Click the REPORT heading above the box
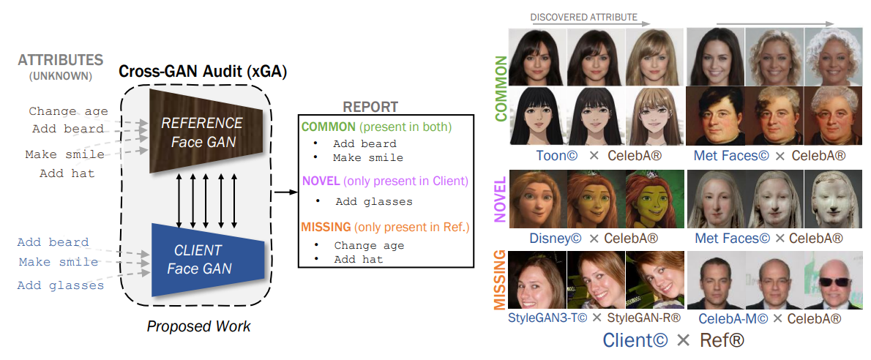click(371, 106)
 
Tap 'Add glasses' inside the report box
click(374, 201)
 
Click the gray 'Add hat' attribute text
click(67, 173)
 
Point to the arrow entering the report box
click(285, 192)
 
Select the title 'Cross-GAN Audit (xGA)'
click(203, 72)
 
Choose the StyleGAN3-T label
click(542, 318)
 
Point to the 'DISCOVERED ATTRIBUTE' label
click(583, 17)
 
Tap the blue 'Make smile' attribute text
click(59, 262)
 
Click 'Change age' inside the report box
click(369, 245)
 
